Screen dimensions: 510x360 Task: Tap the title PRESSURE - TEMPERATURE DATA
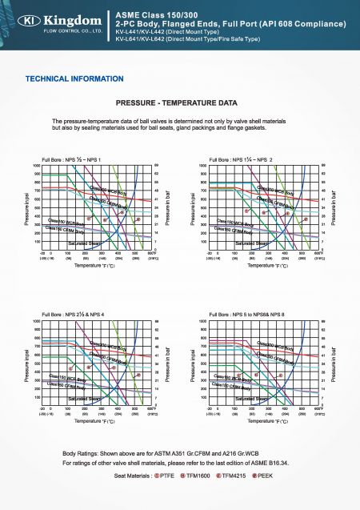177,104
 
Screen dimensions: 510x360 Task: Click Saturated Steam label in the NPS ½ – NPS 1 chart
84,242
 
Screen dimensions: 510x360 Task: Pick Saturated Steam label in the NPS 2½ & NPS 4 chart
84,397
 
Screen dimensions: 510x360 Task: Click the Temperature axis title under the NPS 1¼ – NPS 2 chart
264,265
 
